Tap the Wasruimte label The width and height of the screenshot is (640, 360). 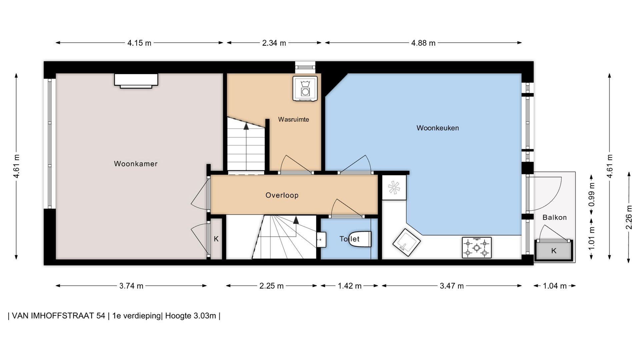pyautogui.click(x=294, y=119)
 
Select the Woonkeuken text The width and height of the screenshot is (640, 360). pyautogui.click(x=438, y=128)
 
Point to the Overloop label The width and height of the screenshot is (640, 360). pyautogui.click(x=282, y=195)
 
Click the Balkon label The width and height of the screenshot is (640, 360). pyautogui.click(x=555, y=217)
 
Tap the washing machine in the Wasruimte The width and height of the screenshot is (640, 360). pyautogui.click(x=305, y=88)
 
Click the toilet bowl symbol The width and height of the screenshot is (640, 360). pyautogui.click(x=360, y=239)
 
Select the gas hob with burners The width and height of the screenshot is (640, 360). pyautogui.click(x=477, y=248)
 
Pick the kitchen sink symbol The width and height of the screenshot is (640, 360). pyautogui.click(x=407, y=242)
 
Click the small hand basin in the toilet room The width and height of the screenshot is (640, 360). pyautogui.click(x=321, y=240)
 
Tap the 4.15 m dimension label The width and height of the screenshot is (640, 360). pyautogui.click(x=139, y=43)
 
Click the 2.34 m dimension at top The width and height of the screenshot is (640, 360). pyautogui.click(x=274, y=43)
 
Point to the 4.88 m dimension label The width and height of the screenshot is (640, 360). pyautogui.click(x=423, y=43)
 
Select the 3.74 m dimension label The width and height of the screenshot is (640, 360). pyautogui.click(x=131, y=286)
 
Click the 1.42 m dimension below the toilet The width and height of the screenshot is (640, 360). pyautogui.click(x=350, y=286)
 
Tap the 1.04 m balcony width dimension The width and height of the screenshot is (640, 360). pyautogui.click(x=555, y=286)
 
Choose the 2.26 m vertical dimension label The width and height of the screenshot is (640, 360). pyautogui.click(x=629, y=217)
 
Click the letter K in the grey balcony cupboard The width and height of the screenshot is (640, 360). pyautogui.click(x=554, y=251)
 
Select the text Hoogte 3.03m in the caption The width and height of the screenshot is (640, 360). pyautogui.click(x=191, y=316)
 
